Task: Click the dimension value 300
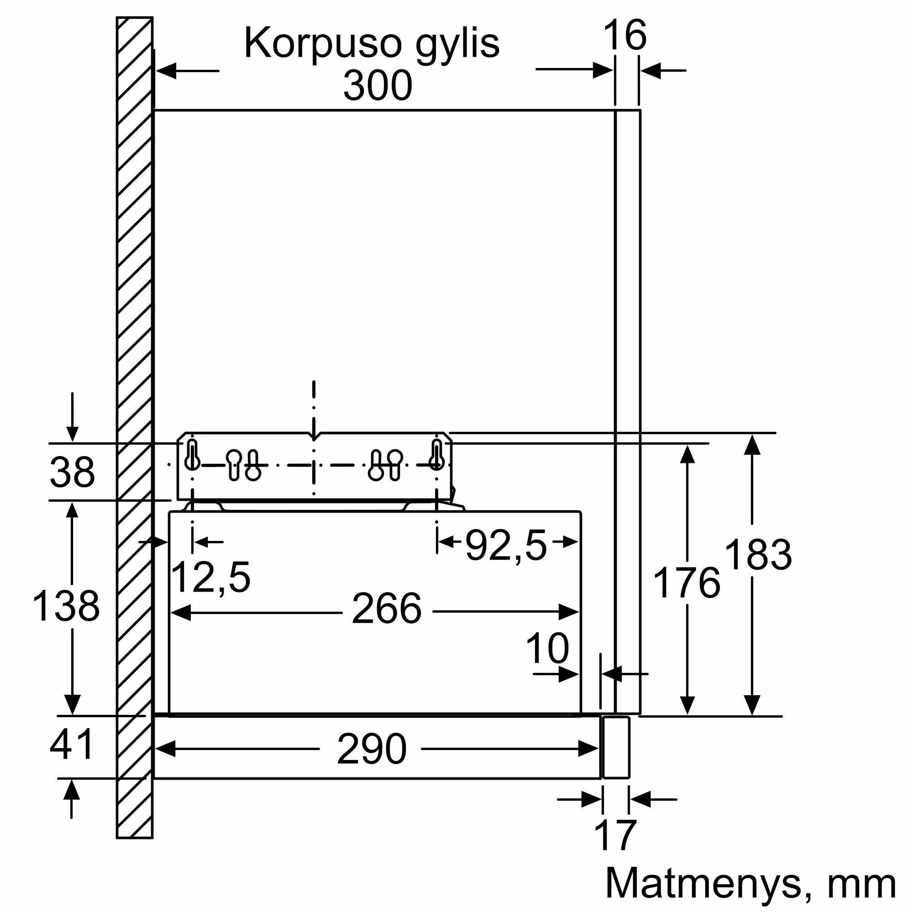(x=378, y=85)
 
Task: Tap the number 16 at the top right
(x=625, y=35)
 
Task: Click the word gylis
(x=457, y=44)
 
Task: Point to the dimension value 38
(x=72, y=472)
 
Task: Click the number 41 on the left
(x=72, y=744)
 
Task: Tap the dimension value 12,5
(x=210, y=577)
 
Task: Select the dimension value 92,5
(x=506, y=546)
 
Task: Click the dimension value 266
(x=387, y=609)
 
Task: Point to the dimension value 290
(x=372, y=749)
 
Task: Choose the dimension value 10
(x=547, y=649)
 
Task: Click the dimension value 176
(x=686, y=583)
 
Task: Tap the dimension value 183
(x=758, y=555)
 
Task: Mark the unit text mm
(x=861, y=887)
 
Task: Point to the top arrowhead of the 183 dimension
(x=752, y=445)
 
